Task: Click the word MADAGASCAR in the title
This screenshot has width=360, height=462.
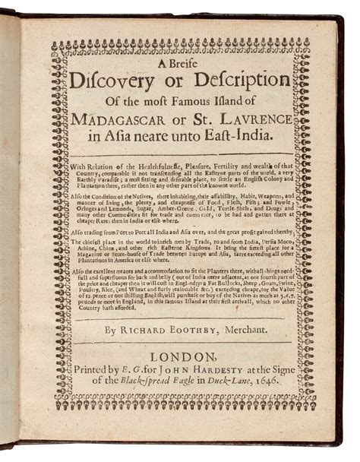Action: pos(122,119)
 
